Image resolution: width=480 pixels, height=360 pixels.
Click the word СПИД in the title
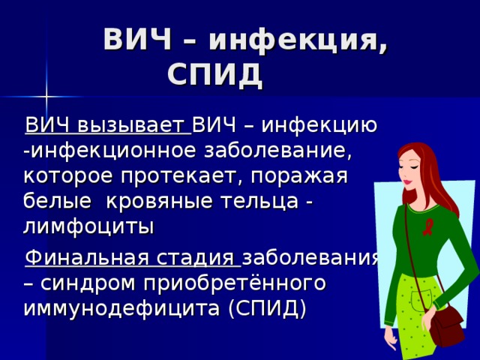click(214, 74)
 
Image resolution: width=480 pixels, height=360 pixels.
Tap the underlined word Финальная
click(78, 259)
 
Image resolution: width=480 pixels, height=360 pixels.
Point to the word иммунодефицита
click(122, 309)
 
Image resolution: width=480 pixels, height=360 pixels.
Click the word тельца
click(266, 201)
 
